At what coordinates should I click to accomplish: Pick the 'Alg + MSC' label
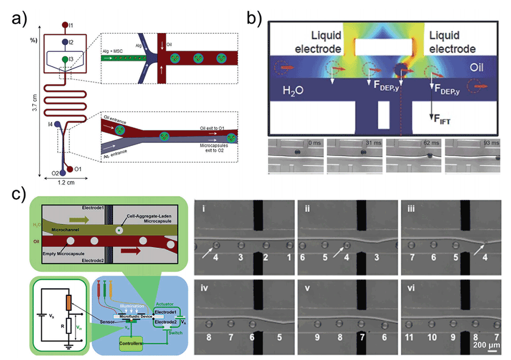(x=116, y=51)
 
